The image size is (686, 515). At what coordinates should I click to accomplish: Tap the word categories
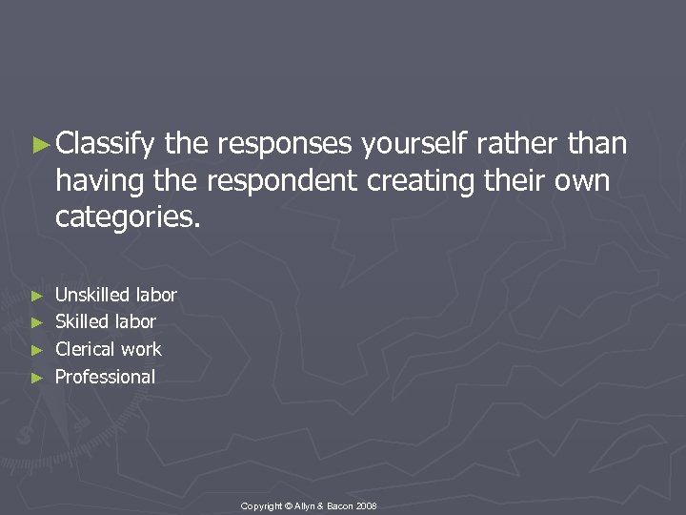point(128,217)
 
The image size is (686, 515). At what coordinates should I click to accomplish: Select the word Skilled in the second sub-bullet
point(81,321)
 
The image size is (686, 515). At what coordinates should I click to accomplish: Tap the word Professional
point(105,377)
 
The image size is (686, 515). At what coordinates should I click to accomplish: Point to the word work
point(141,349)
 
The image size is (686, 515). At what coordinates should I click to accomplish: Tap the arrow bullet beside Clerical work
point(37,350)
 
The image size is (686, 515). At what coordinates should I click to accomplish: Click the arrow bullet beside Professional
point(37,378)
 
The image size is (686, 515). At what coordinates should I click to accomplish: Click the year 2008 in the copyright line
point(368,505)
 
